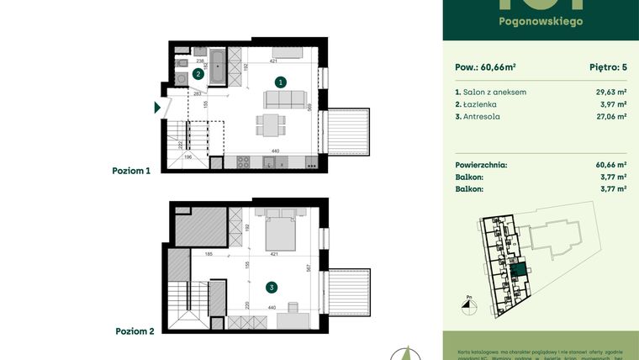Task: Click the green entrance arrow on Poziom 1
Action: pyautogui.click(x=157, y=107)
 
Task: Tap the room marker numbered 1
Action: pyautogui.click(x=282, y=82)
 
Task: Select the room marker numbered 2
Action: pyautogui.click(x=198, y=74)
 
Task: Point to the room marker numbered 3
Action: pyautogui.click(x=271, y=287)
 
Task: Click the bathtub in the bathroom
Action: pyautogui.click(x=218, y=66)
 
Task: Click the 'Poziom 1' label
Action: pyautogui.click(x=132, y=171)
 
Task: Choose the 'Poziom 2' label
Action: pyautogui.click(x=135, y=331)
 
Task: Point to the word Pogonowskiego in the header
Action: pyautogui.click(x=541, y=21)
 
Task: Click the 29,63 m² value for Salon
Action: pyautogui.click(x=610, y=92)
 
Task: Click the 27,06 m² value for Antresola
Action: pyautogui.click(x=610, y=117)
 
